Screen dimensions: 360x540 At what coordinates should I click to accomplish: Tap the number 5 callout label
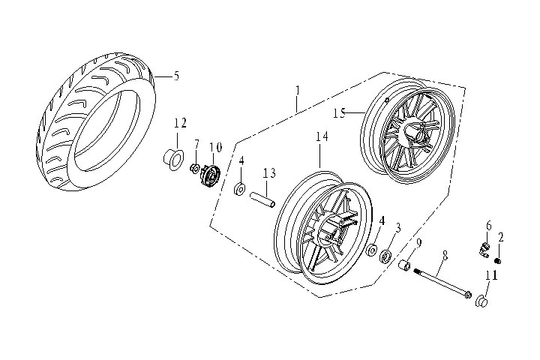click(176, 76)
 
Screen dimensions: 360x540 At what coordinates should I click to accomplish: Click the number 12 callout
click(180, 123)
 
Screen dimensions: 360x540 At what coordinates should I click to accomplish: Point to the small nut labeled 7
click(195, 167)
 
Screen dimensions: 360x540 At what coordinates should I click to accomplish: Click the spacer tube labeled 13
click(262, 200)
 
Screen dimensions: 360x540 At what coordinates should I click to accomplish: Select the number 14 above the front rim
click(322, 136)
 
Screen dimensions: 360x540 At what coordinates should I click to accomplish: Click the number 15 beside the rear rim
click(339, 113)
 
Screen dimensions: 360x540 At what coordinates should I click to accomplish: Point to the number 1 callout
click(298, 90)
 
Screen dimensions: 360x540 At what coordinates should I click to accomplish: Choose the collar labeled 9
click(405, 266)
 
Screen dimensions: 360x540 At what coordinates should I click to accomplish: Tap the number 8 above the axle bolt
click(444, 256)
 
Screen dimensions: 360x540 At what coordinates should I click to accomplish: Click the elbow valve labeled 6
click(483, 247)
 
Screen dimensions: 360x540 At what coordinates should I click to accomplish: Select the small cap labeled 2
click(497, 260)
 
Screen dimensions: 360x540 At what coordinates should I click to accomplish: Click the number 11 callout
click(491, 277)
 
